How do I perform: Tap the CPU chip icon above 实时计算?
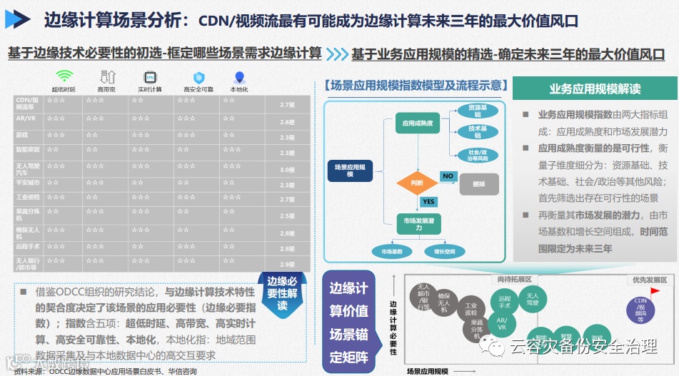(x=150, y=76)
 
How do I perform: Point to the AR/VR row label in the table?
(x=26, y=118)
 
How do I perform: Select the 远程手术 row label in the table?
(x=26, y=245)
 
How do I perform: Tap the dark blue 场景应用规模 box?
(x=350, y=170)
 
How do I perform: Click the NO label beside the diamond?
(x=448, y=176)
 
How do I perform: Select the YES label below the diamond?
(x=428, y=202)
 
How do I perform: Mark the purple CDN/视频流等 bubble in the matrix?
(x=641, y=308)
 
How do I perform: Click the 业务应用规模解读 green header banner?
(x=594, y=88)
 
